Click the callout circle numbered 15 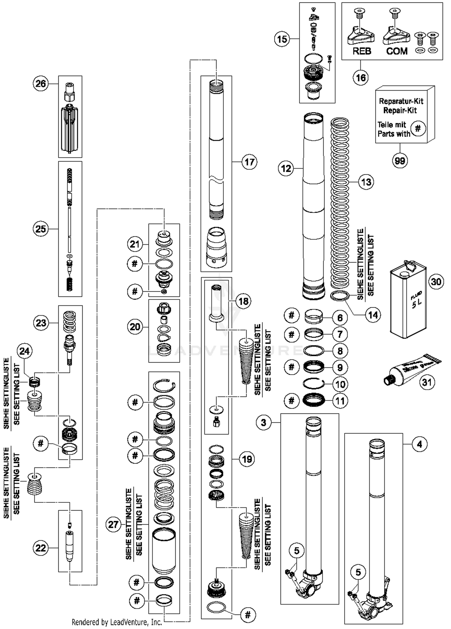[282, 39]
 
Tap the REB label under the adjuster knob [362, 51]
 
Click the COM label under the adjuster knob [397, 51]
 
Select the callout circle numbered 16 [361, 78]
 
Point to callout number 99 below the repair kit [400, 161]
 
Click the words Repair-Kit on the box [400, 110]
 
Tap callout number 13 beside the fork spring [366, 182]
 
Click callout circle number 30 [436, 282]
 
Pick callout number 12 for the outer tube [286, 168]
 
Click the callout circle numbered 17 [250, 162]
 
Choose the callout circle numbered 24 [25, 351]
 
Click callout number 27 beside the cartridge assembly [113, 524]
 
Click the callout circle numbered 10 [340, 384]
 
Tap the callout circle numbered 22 [41, 548]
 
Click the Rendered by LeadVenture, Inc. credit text [117, 622]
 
